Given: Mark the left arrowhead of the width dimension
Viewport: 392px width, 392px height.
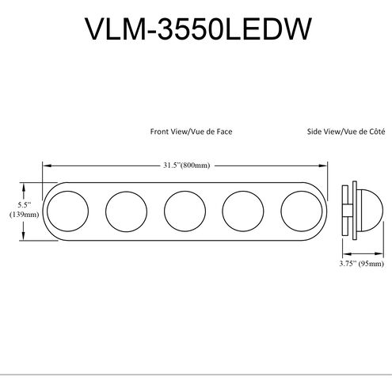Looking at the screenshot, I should (45, 166).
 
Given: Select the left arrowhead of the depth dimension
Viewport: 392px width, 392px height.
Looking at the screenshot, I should (340, 253).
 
